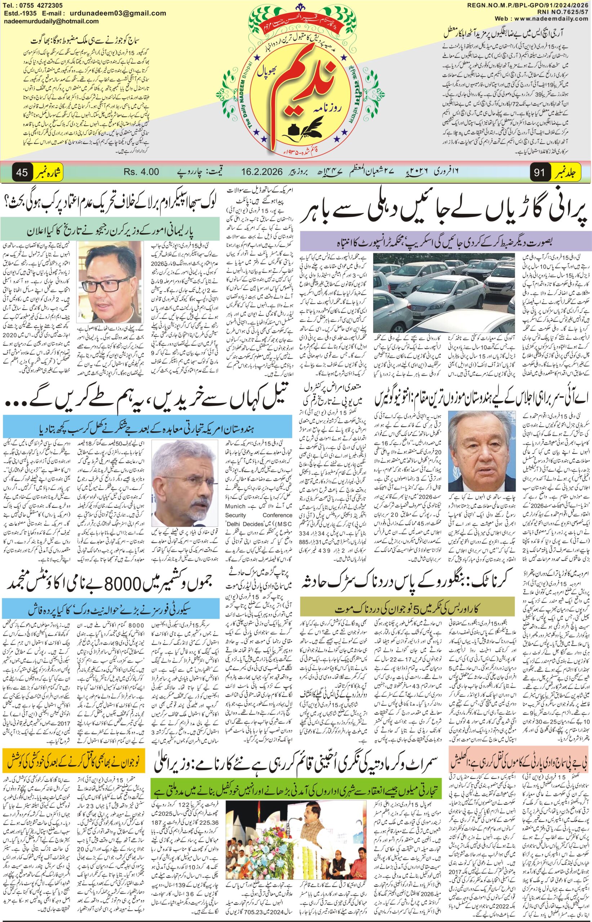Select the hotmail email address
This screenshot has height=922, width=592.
pyautogui.click(x=51, y=22)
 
